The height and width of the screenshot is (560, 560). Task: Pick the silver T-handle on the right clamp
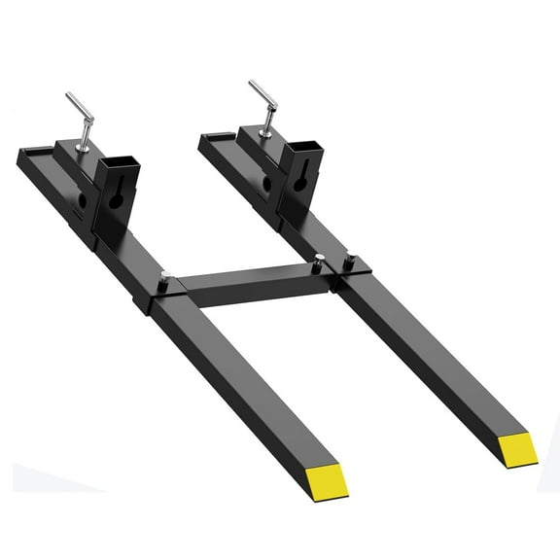(x=262, y=94)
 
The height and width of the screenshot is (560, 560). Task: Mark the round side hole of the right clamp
(x=267, y=183)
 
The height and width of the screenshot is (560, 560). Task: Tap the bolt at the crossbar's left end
(x=165, y=279)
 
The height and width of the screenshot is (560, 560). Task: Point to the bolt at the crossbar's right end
(x=320, y=259)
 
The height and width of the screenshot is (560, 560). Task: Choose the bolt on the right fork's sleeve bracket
(x=347, y=261)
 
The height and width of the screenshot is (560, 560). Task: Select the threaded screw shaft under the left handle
(x=86, y=137)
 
